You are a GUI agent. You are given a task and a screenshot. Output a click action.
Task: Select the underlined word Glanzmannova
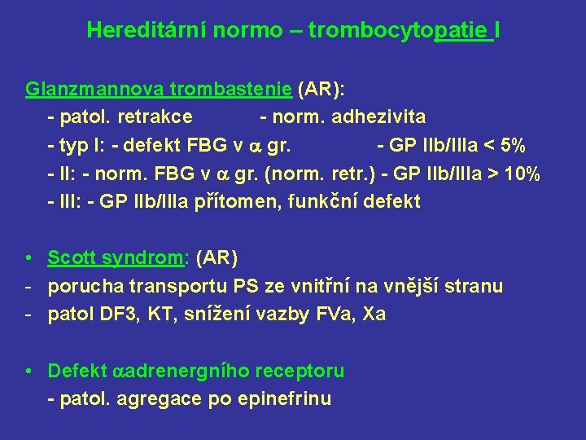[78, 89]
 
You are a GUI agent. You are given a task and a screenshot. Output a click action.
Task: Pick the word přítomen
[236, 201]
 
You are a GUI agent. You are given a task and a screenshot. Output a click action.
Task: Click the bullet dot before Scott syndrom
[28, 258]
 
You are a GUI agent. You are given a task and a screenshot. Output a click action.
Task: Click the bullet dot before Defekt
[28, 372]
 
